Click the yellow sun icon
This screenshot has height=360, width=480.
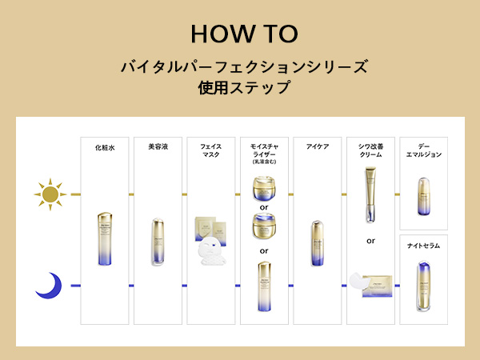click(x=50, y=194)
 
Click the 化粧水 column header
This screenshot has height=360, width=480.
click(x=105, y=147)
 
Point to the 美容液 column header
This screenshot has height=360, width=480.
click(x=158, y=147)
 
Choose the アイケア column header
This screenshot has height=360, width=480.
click(x=318, y=147)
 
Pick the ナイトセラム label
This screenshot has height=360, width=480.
click(x=424, y=246)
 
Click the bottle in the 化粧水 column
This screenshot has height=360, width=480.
click(x=106, y=238)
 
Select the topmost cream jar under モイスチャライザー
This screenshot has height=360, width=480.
click(x=264, y=190)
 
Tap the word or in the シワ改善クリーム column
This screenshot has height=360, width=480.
click(x=371, y=240)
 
